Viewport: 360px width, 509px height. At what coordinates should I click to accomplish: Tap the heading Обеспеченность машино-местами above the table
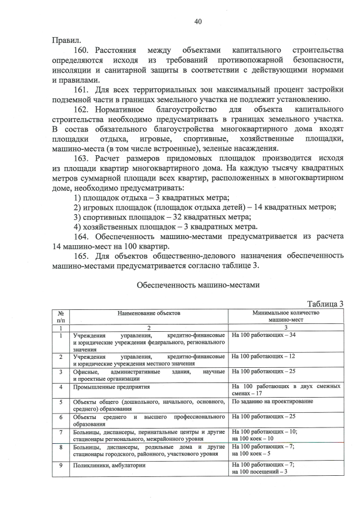(198, 285)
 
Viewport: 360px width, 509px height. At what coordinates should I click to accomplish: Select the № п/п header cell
(60, 315)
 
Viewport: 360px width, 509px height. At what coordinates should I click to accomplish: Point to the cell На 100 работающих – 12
(264, 357)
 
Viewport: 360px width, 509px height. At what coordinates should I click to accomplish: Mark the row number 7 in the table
(60, 432)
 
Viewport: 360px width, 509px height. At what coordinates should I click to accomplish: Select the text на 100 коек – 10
(253, 438)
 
